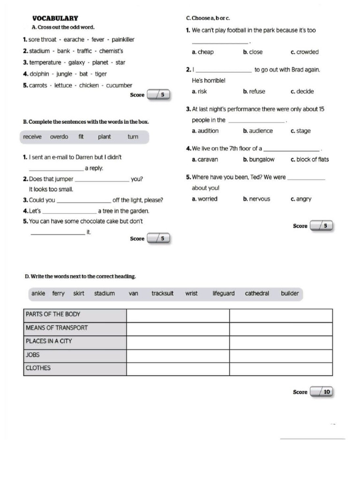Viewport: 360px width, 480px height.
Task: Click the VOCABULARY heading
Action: (55, 18)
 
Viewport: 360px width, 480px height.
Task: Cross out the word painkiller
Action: (123, 40)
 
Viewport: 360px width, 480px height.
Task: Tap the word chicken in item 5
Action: (89, 85)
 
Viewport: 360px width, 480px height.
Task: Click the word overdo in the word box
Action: (59, 137)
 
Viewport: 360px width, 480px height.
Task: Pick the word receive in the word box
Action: (32, 137)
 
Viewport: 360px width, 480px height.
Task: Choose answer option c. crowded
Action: (304, 52)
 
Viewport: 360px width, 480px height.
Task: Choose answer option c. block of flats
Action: (309, 159)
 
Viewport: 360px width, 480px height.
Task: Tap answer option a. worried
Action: (205, 199)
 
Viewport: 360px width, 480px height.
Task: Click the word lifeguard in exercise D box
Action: (224, 293)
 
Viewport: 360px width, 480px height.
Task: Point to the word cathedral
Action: (257, 293)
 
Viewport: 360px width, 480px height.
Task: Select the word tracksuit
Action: (162, 293)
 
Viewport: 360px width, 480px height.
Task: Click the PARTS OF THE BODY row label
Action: (53, 315)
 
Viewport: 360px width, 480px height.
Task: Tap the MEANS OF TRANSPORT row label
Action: (57, 328)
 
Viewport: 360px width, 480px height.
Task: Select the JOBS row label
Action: (33, 355)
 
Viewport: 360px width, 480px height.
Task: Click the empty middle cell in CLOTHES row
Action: (178, 368)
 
